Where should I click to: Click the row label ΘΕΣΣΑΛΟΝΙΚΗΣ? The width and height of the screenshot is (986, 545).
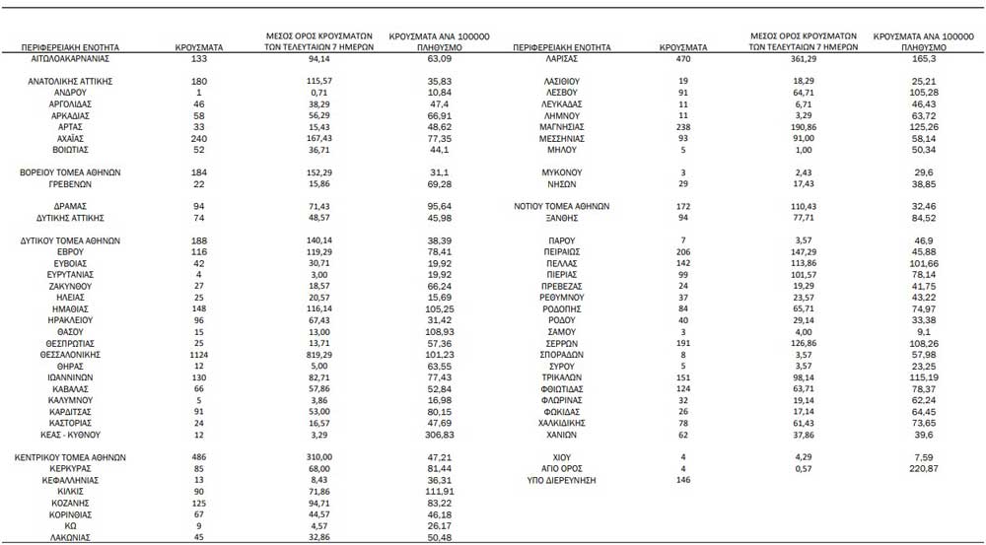[x=70, y=355]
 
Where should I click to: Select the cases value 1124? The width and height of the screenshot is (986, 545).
[x=199, y=355]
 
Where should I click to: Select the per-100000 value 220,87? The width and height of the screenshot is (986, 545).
[x=922, y=469]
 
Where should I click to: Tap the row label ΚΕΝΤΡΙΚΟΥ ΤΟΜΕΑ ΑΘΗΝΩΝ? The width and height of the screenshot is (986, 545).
[x=70, y=457]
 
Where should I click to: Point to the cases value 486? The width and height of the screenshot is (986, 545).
[x=199, y=457]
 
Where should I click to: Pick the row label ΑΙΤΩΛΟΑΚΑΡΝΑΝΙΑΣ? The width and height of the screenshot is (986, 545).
[x=70, y=59]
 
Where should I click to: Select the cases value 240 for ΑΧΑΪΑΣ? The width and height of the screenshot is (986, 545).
[x=199, y=139]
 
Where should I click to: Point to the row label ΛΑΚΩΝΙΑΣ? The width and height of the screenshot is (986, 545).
[x=70, y=537]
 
